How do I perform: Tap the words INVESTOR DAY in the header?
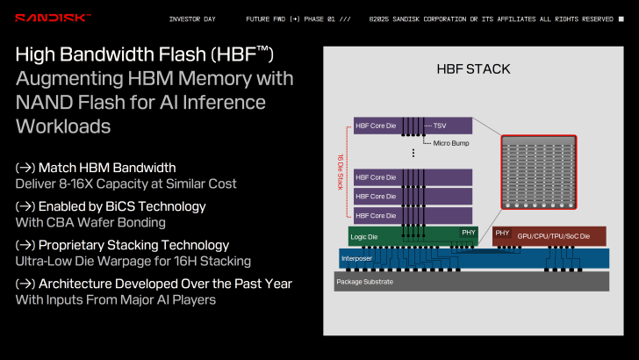(192, 18)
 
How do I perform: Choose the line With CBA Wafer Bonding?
(90, 222)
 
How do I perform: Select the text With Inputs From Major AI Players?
(114, 299)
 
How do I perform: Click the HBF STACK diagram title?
(473, 68)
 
